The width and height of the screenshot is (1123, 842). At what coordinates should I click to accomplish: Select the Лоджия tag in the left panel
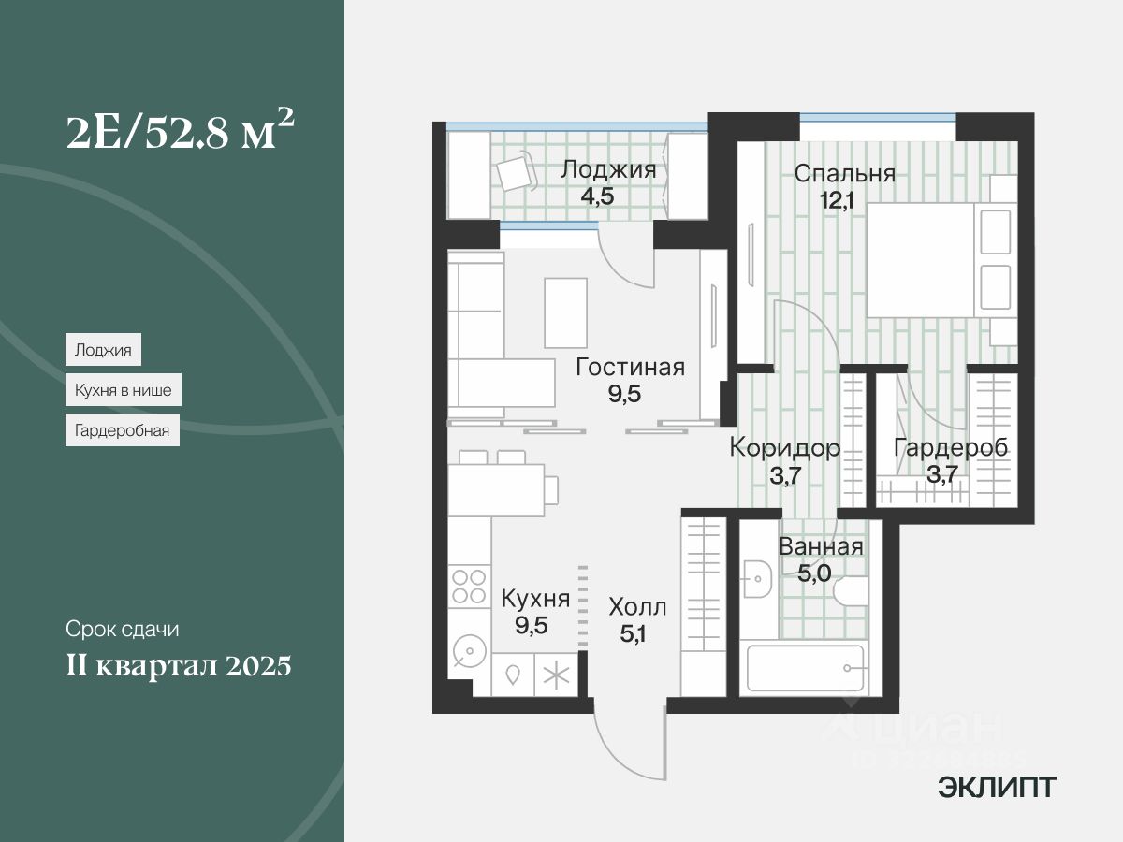tap(103, 350)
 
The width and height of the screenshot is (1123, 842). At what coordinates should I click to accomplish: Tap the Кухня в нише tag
tap(123, 390)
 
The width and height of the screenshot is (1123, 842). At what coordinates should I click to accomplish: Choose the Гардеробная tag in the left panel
tap(122, 430)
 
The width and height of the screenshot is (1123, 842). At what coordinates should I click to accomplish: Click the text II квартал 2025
tap(179, 666)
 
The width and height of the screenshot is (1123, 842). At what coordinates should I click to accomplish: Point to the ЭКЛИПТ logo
tap(997, 788)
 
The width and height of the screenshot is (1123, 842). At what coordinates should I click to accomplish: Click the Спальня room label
tap(844, 173)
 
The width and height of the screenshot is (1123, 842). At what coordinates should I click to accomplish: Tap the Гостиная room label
tap(630, 368)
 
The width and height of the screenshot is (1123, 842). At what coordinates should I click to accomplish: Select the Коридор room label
tap(784, 447)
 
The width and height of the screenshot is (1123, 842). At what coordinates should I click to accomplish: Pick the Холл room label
tap(637, 607)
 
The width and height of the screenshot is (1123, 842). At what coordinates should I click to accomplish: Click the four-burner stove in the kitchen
tap(469, 586)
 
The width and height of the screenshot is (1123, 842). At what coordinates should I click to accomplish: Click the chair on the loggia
tap(515, 173)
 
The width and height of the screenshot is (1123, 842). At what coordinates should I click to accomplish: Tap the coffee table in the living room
tap(565, 312)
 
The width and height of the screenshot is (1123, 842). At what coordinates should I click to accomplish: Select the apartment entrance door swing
tap(627, 744)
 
